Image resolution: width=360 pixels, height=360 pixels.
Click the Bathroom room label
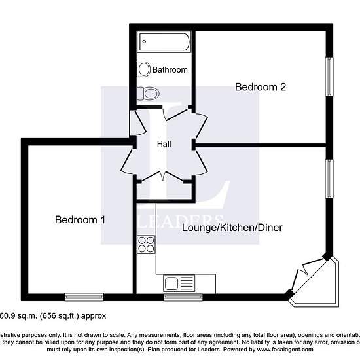[170, 69]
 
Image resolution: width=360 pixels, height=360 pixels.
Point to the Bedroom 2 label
[261, 86]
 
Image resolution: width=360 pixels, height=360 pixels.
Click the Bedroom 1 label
[80, 220]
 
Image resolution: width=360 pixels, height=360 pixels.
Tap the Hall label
[164, 145]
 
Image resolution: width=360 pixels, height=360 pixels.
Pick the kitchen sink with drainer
[179, 283]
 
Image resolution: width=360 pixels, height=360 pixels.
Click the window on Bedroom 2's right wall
[331, 77]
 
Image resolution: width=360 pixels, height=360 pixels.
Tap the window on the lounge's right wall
[331, 179]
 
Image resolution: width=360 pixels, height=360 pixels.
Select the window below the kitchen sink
[179, 297]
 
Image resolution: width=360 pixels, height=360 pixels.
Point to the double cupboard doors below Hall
[164, 175]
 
